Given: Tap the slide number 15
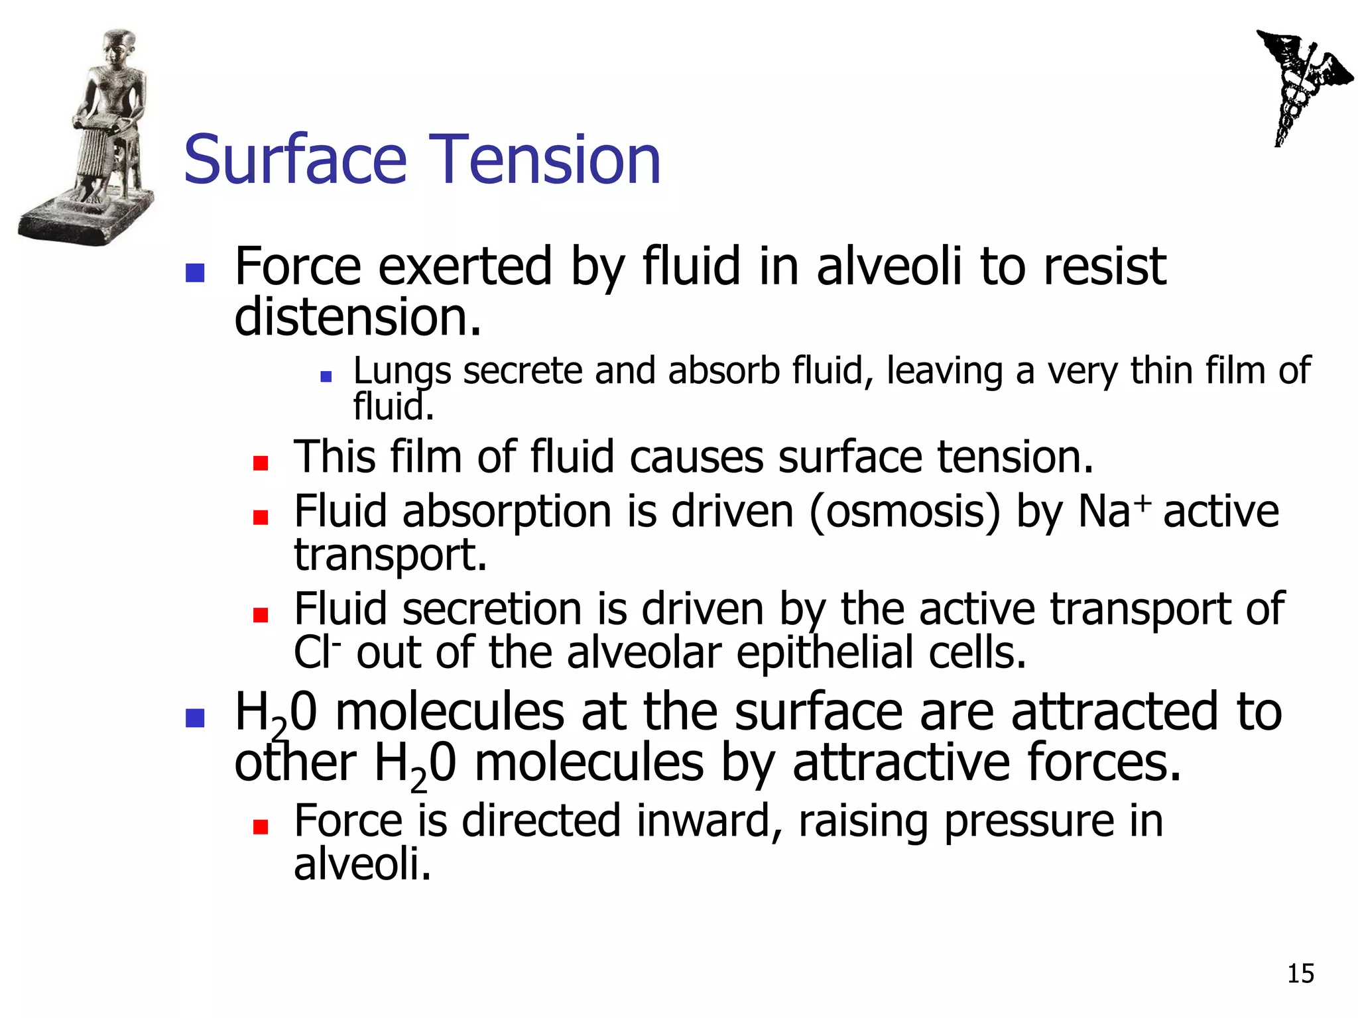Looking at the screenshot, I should pos(1300,974).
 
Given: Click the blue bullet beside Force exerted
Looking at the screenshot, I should pos(195,272).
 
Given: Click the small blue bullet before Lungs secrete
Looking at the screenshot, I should pos(326,376).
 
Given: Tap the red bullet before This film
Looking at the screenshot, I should pos(261,463).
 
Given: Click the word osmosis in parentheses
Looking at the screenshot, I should pos(904,512).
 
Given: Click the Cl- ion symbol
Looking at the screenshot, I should pos(317,653).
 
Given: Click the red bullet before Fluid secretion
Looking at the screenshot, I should pos(261,615).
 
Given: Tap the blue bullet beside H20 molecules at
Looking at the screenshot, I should pos(195,718).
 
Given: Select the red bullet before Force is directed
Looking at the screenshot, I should pos(261,826).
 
